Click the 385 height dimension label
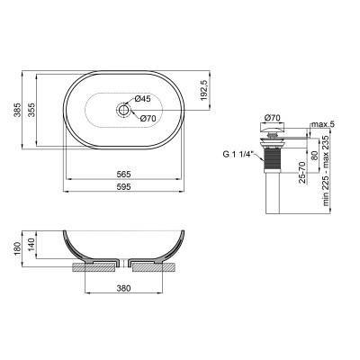pos(14,112)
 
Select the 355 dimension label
pos(32,112)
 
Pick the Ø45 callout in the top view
pos(143,98)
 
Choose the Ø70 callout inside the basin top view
pos(148,117)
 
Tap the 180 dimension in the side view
pos(14,247)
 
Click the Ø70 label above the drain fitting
pos(274,117)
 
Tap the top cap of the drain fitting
pos(275,130)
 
